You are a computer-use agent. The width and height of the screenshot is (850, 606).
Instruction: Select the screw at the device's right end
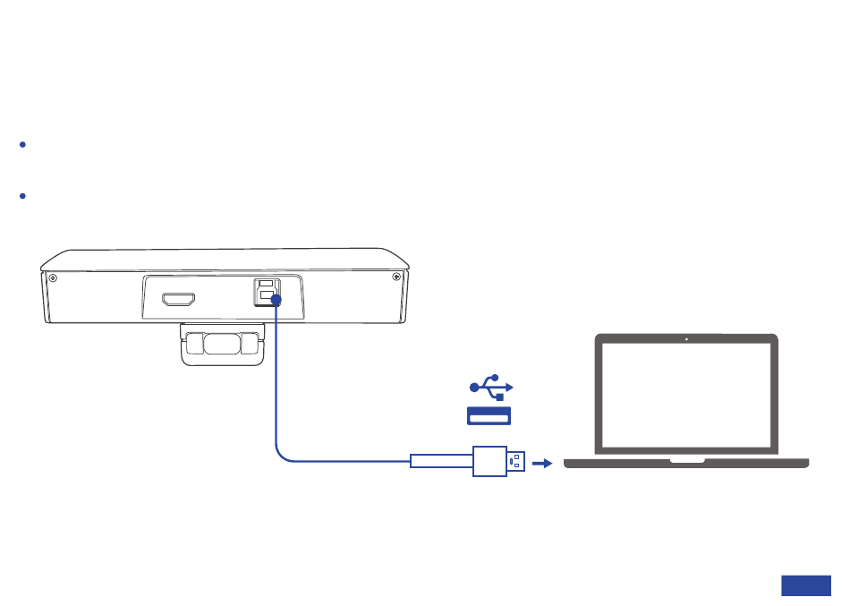(x=396, y=277)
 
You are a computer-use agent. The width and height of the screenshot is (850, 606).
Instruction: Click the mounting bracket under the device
(x=223, y=344)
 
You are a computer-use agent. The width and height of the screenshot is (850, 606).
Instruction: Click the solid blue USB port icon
(x=489, y=415)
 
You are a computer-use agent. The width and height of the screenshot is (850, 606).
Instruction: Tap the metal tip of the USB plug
(x=516, y=462)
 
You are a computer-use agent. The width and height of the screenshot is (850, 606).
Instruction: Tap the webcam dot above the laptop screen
(x=686, y=339)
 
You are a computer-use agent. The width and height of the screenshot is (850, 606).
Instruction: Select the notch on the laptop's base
(x=686, y=461)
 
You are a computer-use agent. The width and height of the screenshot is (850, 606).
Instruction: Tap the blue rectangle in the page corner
(x=805, y=585)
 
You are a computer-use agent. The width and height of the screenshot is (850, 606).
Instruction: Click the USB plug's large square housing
(x=489, y=462)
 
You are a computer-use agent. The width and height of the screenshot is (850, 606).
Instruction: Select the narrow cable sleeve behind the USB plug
(x=441, y=462)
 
